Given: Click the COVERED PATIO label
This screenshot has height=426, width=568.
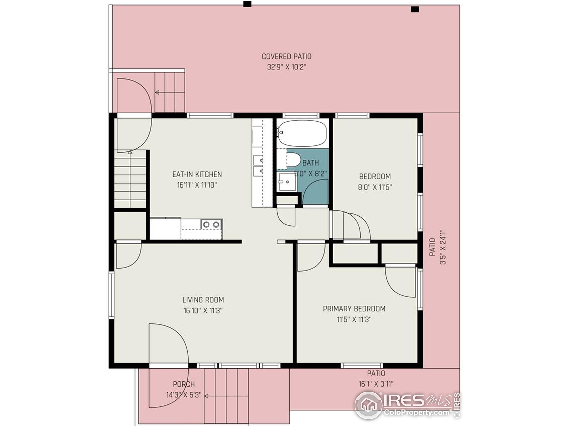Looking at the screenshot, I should (x=287, y=57).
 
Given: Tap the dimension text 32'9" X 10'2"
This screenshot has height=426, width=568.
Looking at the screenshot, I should (x=287, y=67).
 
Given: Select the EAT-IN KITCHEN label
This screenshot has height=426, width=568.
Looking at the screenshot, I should (x=197, y=174).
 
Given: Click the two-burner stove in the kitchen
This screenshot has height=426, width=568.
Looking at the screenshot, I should (x=211, y=225).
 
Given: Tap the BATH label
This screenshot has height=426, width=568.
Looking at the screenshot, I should (x=310, y=163).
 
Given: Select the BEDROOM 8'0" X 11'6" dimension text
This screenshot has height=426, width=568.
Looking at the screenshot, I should (x=375, y=187).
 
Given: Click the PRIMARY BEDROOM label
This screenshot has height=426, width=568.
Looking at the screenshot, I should (x=354, y=309).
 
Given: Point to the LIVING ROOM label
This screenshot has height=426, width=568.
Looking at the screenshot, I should (x=203, y=300).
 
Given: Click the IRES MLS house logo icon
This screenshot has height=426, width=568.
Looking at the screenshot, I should (x=368, y=405).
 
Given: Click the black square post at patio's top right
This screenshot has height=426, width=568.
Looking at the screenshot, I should (x=415, y=10).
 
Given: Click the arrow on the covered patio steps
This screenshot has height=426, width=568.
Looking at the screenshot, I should (x=157, y=93).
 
